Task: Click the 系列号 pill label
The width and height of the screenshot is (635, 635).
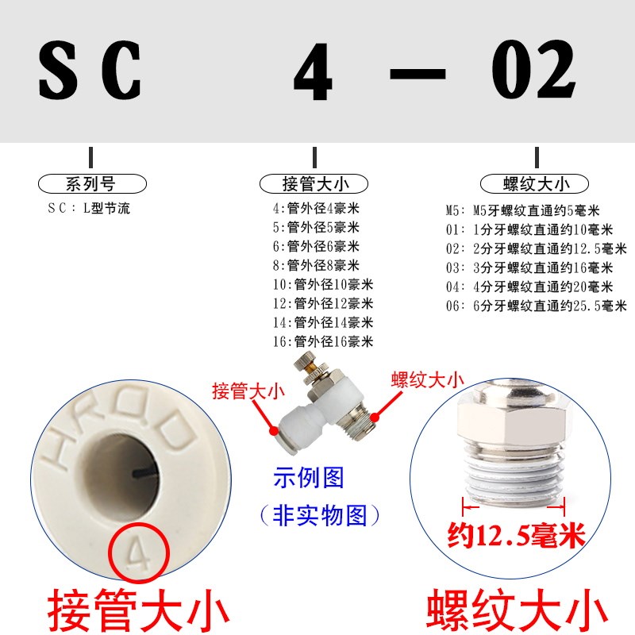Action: pos(92,184)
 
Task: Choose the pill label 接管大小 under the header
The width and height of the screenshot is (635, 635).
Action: pos(314,184)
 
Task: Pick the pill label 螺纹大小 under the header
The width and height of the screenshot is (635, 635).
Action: pos(537,184)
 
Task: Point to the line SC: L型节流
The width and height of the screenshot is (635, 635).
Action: pos(89,210)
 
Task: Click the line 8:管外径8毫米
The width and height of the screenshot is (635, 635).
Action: pos(315,265)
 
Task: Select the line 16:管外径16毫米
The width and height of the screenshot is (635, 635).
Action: pos(322,342)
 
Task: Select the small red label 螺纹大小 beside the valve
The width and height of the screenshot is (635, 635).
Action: pos(427,379)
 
